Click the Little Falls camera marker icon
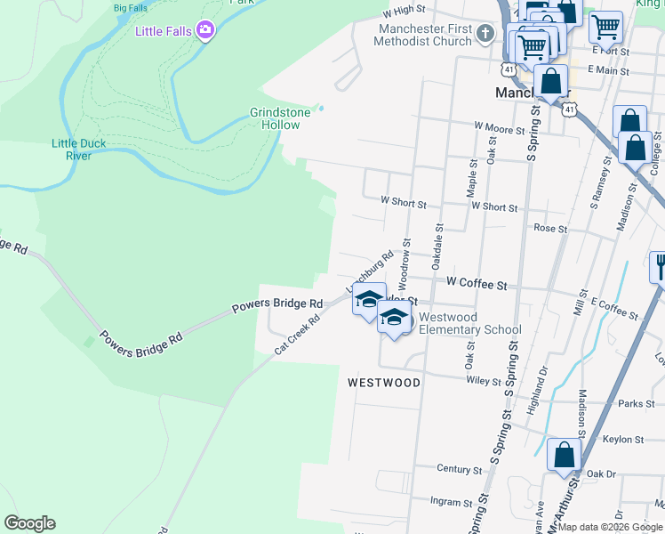[x=206, y=31]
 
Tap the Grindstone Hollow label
[x=280, y=118]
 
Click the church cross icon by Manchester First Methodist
[x=485, y=34]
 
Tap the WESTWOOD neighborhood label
[x=383, y=382]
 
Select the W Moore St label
[x=500, y=129]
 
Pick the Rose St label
[x=549, y=229]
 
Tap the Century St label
[x=460, y=469]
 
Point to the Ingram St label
[x=451, y=503]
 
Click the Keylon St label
[x=622, y=440]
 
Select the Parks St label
[x=637, y=403]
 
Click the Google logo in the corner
[x=29, y=522]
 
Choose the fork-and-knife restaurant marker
[x=661, y=266]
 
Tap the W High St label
[x=405, y=12]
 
